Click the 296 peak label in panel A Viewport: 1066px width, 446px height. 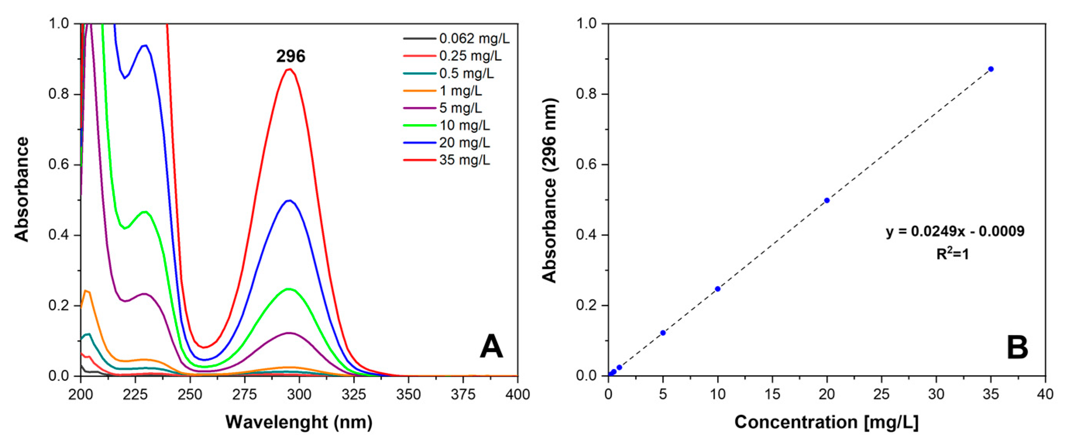290,56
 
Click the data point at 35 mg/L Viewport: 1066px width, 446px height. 990,69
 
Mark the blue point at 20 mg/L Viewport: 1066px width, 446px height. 827,200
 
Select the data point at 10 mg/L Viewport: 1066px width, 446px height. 718,289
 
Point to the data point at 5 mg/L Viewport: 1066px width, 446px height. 663,333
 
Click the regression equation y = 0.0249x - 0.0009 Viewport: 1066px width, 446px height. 955,231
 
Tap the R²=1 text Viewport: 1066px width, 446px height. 953,254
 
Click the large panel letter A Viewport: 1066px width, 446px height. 491,347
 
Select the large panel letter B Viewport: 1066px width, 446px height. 1017,348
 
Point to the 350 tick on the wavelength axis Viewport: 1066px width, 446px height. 409,395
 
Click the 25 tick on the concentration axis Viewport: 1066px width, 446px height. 881,395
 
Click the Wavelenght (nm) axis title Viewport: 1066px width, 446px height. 299,422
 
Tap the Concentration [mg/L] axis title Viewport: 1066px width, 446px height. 826,422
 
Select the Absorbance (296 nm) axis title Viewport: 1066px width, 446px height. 550,190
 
